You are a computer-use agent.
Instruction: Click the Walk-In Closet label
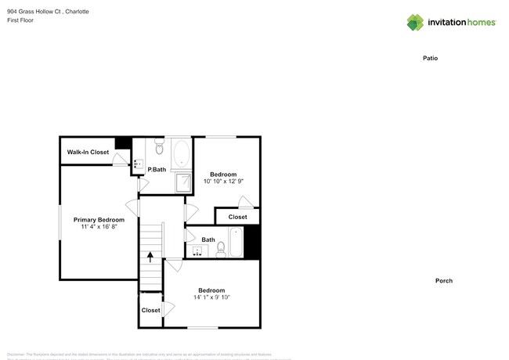88,152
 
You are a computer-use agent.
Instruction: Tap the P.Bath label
157,169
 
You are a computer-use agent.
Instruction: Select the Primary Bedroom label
99,220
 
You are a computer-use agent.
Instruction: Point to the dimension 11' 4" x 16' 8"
99,228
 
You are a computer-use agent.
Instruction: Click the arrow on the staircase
150,256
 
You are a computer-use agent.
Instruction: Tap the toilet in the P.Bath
159,147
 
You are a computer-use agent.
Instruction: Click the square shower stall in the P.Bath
182,182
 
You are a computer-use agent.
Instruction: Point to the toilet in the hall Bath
222,249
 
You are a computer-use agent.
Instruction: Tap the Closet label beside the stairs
150,310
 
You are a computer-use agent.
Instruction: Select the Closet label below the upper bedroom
237,217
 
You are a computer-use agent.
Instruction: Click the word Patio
430,58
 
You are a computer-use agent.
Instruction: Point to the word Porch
444,280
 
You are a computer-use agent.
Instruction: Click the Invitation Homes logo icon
416,22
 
